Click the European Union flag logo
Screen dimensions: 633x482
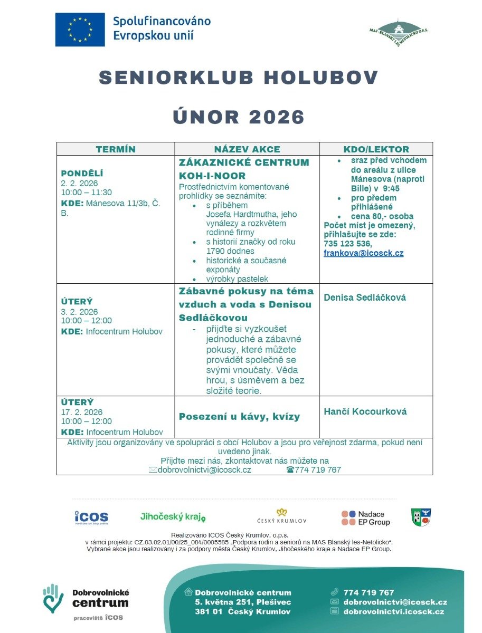coord(80,30)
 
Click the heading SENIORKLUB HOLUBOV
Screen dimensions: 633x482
coord(239,78)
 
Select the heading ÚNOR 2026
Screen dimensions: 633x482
coord(239,117)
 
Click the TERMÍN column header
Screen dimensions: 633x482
coord(116,149)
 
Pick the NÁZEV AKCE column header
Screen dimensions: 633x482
coord(247,149)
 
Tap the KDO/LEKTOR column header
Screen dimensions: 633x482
coord(376,149)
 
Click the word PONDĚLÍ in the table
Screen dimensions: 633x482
coord(82,173)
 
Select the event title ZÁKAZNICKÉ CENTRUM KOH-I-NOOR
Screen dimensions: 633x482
coord(244,169)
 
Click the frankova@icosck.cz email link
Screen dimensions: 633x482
coord(363,253)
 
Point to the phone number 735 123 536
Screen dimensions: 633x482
coord(347,244)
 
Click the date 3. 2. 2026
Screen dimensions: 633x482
coord(79,311)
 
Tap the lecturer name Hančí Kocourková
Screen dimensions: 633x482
coord(365,411)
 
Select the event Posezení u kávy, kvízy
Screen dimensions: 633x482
coord(239,417)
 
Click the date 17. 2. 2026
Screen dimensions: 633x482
coord(82,412)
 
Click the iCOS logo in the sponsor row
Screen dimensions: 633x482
coord(91,517)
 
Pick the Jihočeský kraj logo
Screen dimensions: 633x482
coord(173,517)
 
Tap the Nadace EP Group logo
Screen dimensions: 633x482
coord(365,517)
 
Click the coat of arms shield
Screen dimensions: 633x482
coord(421,517)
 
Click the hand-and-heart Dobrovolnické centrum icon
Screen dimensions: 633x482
coord(53,598)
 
